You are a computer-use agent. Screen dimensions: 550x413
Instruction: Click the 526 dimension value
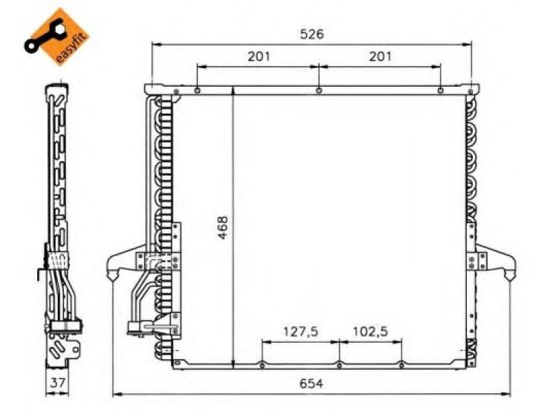tap(312, 34)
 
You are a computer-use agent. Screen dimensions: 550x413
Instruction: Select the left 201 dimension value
tap(258, 56)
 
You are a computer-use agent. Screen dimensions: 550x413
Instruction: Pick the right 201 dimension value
tap(380, 56)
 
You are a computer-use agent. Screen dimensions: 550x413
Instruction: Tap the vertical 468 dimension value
tap(223, 228)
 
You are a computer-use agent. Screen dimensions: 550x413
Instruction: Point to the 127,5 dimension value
tap(300, 332)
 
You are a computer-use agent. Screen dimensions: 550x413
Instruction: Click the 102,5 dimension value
tap(370, 332)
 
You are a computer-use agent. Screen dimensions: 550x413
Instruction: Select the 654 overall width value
tap(311, 383)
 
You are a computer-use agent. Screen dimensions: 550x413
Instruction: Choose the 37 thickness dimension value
tap(57, 383)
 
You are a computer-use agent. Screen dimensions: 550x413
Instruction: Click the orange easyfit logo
tap(57, 36)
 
